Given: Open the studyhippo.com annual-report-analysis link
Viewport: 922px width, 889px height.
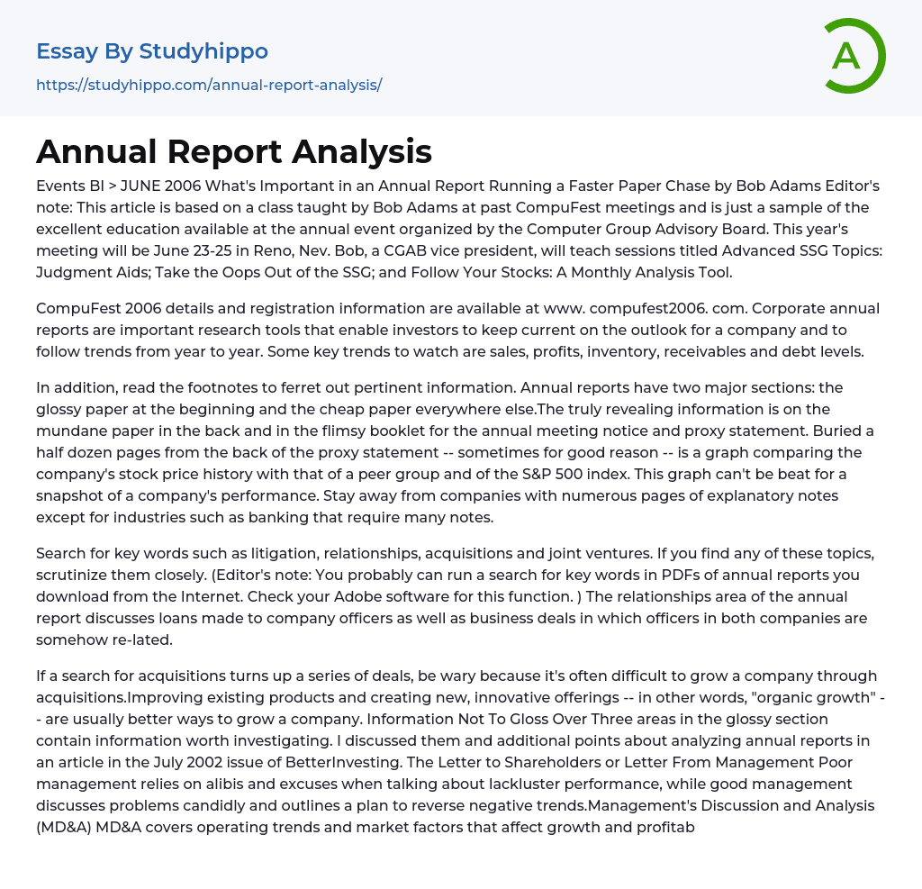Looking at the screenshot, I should pyautogui.click(x=209, y=85).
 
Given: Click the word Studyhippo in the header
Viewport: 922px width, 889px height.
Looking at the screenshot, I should pyautogui.click(x=203, y=51).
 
